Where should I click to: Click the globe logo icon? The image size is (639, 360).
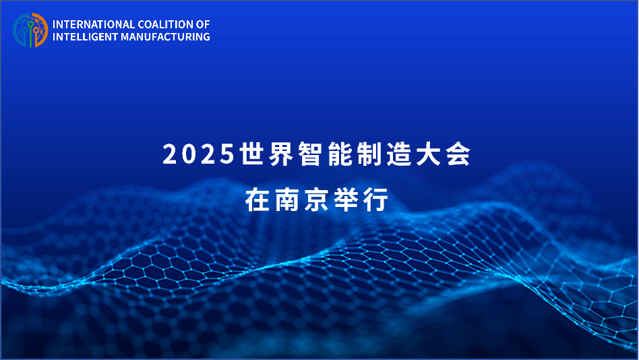tap(30, 30)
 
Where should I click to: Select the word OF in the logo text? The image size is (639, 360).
tap(203, 24)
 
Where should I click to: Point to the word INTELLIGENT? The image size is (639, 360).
tap(85, 36)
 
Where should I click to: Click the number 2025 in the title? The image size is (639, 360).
tap(198, 154)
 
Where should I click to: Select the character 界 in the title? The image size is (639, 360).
tap(282, 154)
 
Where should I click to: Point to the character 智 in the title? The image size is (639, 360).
tap(311, 154)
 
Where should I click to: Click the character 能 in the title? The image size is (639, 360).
tap(340, 154)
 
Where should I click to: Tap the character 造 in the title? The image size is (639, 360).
tap(399, 154)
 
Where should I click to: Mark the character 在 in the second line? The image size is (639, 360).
tap(257, 200)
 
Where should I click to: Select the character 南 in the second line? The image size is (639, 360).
tap(287, 200)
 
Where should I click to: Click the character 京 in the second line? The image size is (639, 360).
tap(317, 200)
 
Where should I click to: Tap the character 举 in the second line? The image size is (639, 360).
tap(346, 200)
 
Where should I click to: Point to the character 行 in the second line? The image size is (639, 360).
tap(375, 200)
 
